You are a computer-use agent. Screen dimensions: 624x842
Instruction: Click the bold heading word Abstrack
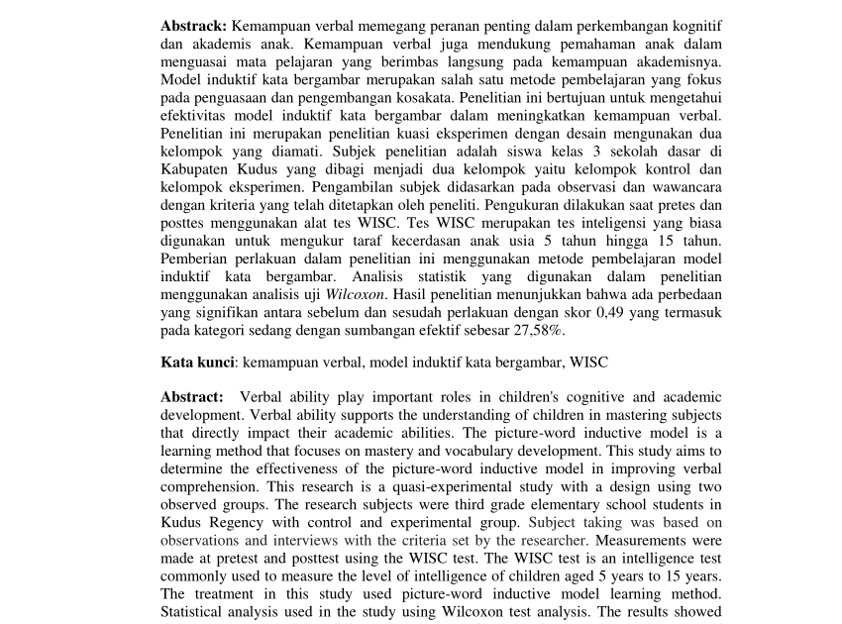(194, 23)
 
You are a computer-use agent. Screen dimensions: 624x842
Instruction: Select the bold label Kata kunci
(197, 363)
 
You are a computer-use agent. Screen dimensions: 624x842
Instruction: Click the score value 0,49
(602, 312)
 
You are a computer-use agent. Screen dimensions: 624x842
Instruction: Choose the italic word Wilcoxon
(357, 294)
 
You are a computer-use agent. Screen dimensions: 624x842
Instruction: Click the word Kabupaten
(194, 169)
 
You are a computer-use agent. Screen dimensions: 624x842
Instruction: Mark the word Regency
(234, 522)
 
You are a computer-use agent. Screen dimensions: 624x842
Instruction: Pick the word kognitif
(694, 23)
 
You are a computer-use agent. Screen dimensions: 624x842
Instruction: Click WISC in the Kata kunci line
(587, 363)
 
